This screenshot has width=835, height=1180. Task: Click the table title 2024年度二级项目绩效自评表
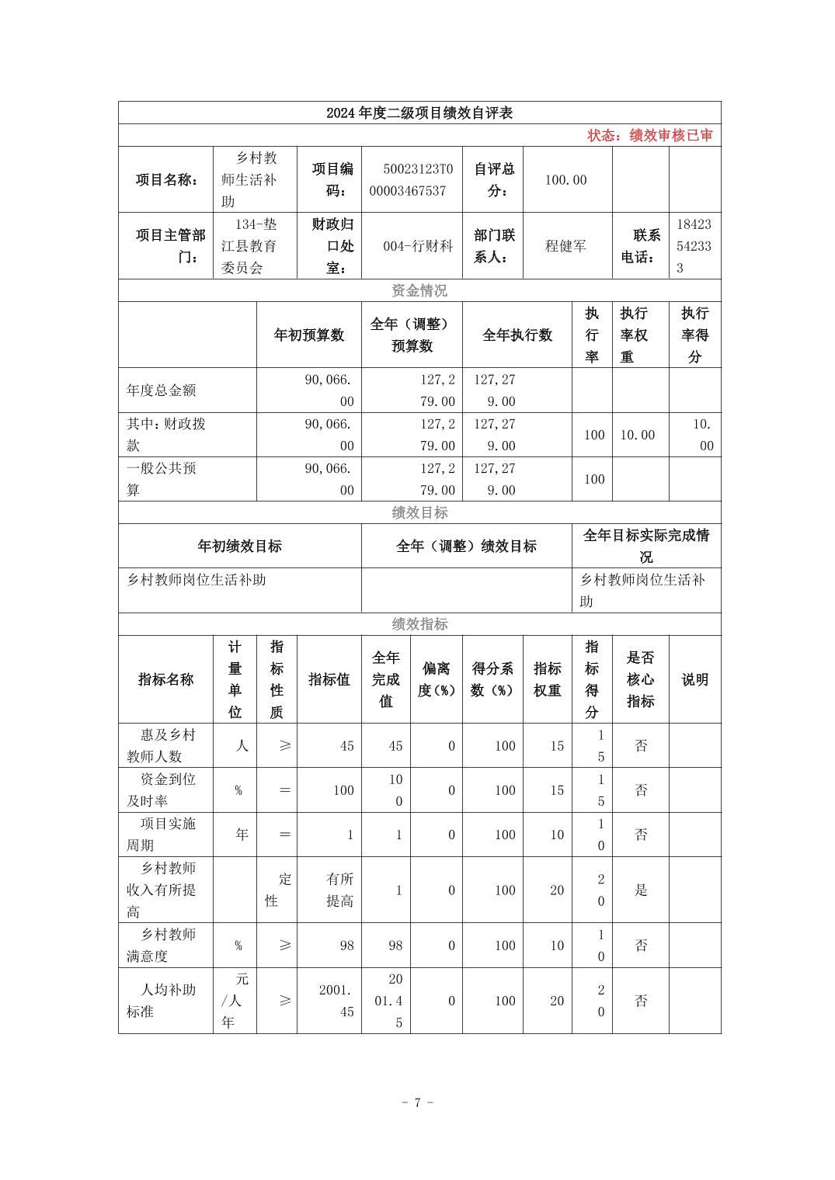[x=419, y=113]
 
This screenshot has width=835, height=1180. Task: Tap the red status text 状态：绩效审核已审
[x=649, y=136]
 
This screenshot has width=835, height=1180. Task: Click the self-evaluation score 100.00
[x=565, y=180]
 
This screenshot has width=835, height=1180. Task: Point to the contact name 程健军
[x=565, y=246]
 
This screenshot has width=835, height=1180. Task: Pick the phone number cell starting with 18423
[x=694, y=246]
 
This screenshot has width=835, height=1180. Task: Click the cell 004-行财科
[x=417, y=246]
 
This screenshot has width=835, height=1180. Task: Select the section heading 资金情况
[x=419, y=291]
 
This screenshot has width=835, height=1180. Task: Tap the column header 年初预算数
[x=308, y=335]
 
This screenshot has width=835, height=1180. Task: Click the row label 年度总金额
[x=162, y=390]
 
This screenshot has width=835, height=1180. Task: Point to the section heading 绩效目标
[x=419, y=513]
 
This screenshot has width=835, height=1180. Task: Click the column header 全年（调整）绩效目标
[x=466, y=547]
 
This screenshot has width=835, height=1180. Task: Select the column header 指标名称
[x=165, y=680]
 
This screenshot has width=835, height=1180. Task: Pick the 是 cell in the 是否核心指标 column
[x=641, y=890]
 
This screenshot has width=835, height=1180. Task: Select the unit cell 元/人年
[x=235, y=1001]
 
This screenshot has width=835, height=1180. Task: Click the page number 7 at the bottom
[x=417, y=1103]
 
